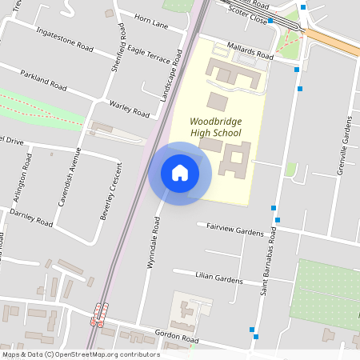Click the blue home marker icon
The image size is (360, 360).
pos(180,173)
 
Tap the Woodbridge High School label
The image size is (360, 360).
pos(216,126)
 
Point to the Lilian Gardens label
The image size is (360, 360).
pos(218,277)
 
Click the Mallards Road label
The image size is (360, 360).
pos(250,51)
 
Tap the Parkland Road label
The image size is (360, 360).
pos(46,82)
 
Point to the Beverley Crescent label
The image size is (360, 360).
pos(111,192)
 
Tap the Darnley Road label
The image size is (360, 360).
pos(33,218)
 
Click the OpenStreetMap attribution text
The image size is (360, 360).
pos(80,354)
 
